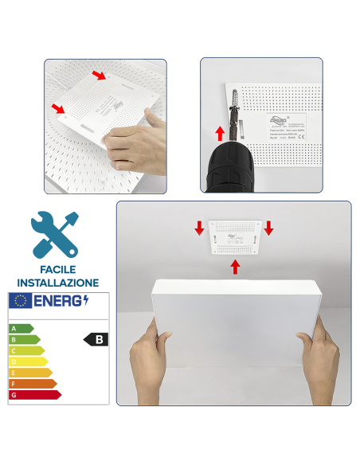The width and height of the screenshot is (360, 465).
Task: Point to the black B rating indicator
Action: pyautogui.click(x=96, y=339)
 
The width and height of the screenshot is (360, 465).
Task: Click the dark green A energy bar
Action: pyautogui.click(x=21, y=328)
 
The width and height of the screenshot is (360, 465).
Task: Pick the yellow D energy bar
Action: pyautogui.click(x=28, y=361)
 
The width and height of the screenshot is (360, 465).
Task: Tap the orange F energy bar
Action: pyautogui.click(x=32, y=383)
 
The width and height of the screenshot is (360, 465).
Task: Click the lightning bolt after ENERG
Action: pyautogui.click(x=86, y=300)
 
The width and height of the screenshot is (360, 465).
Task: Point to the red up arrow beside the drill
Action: pyautogui.click(x=221, y=132)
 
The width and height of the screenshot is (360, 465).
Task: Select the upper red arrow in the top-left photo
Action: pyautogui.click(x=98, y=76)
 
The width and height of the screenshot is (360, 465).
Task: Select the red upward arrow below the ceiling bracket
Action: pyautogui.click(x=235, y=265)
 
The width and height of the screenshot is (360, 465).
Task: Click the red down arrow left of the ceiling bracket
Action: pyautogui.click(x=199, y=229)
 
